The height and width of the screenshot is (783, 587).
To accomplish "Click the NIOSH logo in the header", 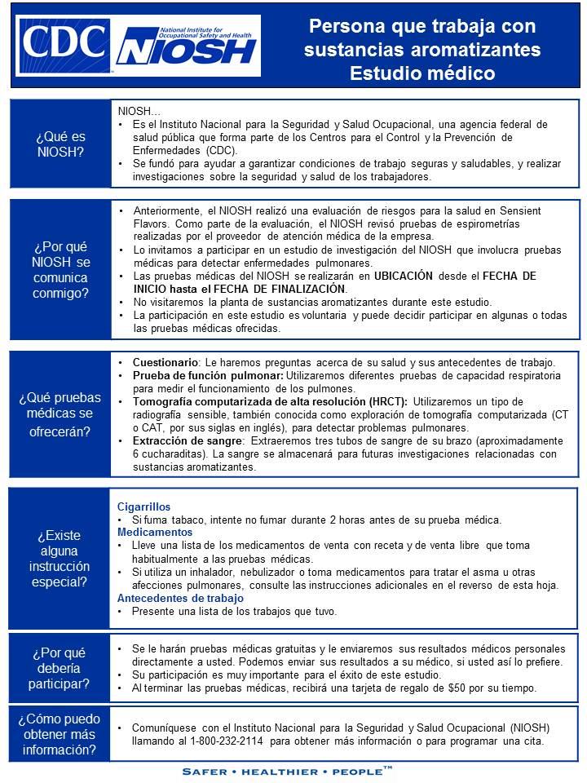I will coord(188,46).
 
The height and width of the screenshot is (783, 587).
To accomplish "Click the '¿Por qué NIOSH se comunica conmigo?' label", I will coord(60,269).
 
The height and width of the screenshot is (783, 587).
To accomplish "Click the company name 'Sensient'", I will coord(518,211).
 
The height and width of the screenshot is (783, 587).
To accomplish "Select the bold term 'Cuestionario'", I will coord(164,362).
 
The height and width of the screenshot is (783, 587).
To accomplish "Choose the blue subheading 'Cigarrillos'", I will coord(144,507).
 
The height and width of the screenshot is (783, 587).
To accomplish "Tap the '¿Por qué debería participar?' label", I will coord(60,668).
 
